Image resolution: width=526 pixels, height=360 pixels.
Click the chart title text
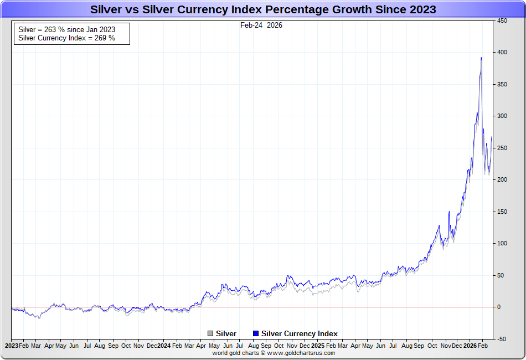263,9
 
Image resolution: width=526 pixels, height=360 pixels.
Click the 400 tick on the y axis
502,52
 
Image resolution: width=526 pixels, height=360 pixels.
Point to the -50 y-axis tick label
502,339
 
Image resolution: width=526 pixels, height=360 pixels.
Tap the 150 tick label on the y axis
502,212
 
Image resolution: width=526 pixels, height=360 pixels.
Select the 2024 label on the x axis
164,345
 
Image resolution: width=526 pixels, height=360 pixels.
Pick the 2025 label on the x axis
318,345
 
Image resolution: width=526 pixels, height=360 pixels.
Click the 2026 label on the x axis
470,345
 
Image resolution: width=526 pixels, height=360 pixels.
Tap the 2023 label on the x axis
12,345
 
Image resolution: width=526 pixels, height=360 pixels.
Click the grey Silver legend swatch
210,333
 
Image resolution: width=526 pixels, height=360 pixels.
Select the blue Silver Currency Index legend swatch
255,333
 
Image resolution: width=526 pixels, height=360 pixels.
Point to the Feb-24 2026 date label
261,25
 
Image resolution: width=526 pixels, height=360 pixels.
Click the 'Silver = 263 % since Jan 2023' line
66,29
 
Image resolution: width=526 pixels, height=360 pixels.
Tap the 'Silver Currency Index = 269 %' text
66,38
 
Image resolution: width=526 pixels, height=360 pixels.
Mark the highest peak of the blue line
481,58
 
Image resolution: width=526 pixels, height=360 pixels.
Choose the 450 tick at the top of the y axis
502,20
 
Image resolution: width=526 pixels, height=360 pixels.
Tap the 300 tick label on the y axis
502,116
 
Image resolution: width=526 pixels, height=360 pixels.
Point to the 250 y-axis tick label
502,148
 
